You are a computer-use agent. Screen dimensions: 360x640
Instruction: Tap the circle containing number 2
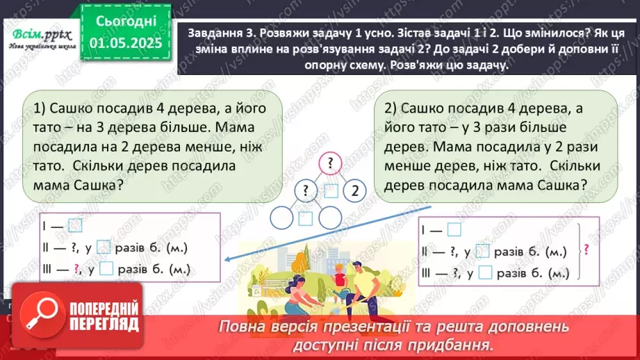coord(354,190)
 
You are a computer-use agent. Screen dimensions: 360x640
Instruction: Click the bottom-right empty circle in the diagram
coord(329,218)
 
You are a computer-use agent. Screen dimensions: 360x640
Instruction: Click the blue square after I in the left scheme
coord(76,224)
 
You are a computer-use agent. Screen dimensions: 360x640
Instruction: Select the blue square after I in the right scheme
coord(454,229)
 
